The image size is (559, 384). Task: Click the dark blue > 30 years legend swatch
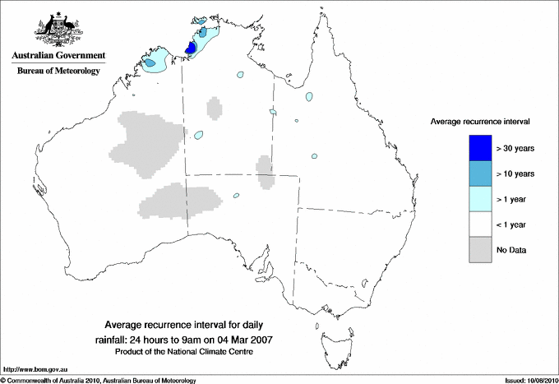pos(480,147)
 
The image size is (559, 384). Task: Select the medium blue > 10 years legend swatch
pos(480,173)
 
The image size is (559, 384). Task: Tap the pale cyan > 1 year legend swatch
pos(480,198)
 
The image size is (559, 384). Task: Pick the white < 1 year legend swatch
pos(480,224)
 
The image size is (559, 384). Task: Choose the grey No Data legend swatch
pos(480,249)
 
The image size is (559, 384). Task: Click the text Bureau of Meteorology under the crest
pos(58,72)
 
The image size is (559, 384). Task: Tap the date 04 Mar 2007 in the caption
pos(244,339)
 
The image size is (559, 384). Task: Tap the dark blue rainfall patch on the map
pos(190,49)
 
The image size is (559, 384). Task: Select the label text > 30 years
pos(515,148)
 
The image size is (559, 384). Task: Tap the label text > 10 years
pos(515,173)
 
